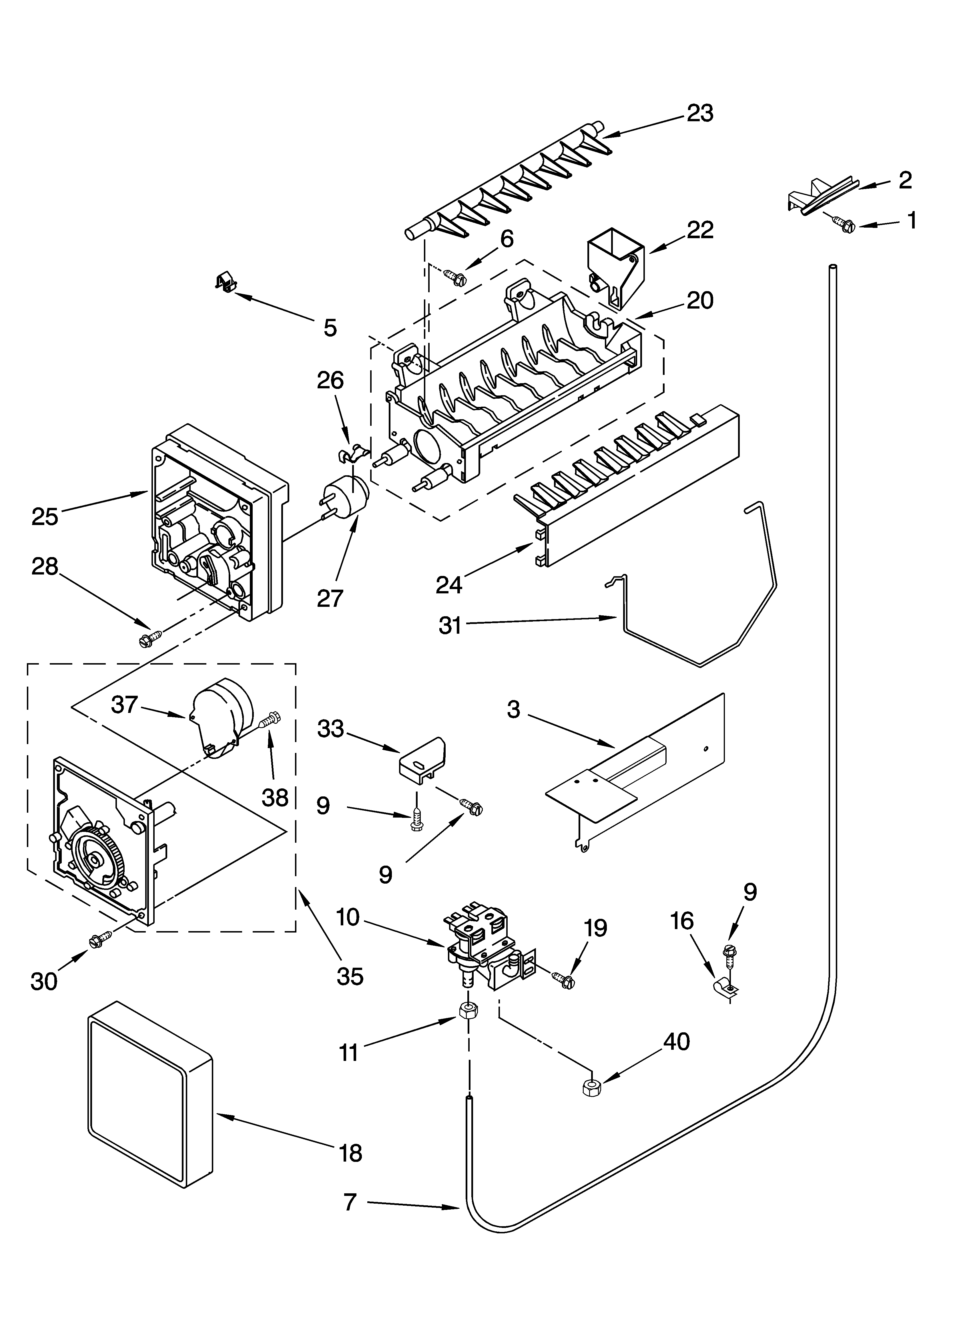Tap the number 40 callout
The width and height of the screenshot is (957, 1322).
coord(676,1041)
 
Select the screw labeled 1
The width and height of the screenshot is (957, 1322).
coord(842,224)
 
